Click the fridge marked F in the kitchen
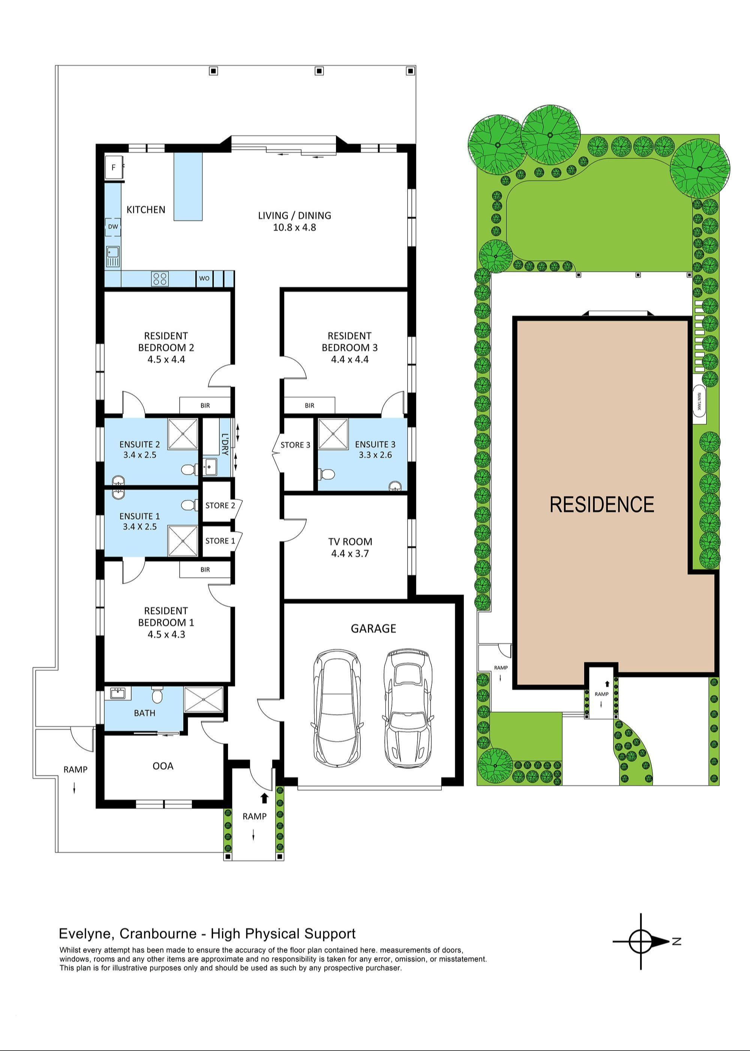tap(114, 167)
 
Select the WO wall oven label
tap(204, 278)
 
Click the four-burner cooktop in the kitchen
tap(160, 278)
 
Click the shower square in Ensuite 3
tap(333, 434)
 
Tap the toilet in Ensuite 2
tap(188, 470)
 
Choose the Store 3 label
tap(295, 445)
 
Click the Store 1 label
tap(220, 541)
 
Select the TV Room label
tap(349, 541)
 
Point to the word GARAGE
tap(373, 628)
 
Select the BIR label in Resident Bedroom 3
tap(309, 406)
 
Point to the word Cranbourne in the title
tap(158, 934)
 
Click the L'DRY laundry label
tap(225, 444)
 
